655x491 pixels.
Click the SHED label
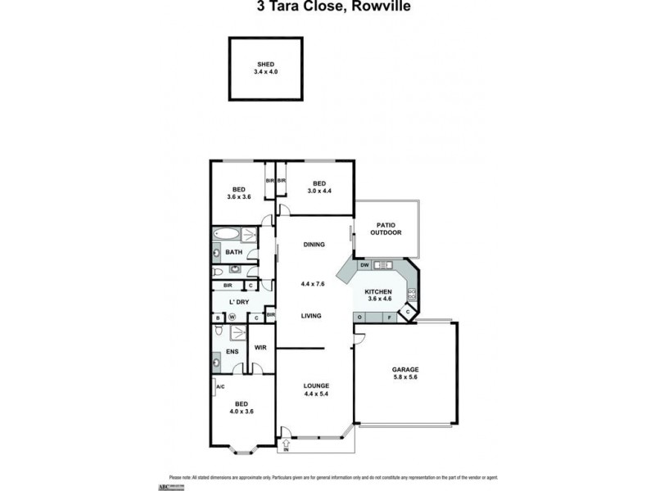pyautogui.click(x=264, y=64)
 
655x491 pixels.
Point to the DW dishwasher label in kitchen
pyautogui.click(x=364, y=265)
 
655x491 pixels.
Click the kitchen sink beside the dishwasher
pyautogui.click(x=382, y=265)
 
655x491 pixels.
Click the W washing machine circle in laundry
pyautogui.click(x=232, y=318)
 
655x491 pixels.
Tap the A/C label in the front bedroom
pyautogui.click(x=219, y=386)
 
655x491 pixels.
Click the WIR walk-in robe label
pyautogui.click(x=260, y=348)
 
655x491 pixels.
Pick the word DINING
pyautogui.click(x=314, y=244)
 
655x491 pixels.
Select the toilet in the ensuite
pyautogui.click(x=218, y=331)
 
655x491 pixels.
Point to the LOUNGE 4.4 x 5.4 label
pyautogui.click(x=315, y=390)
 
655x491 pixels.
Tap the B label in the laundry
pyautogui.click(x=218, y=318)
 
